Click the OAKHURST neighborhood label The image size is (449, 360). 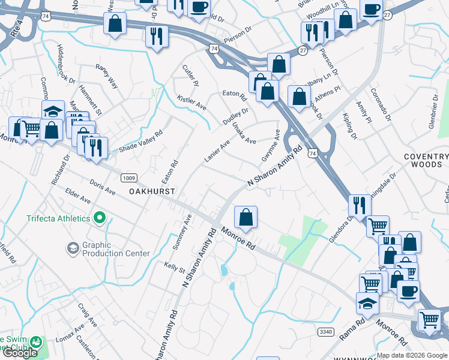pyautogui.click(x=152, y=191)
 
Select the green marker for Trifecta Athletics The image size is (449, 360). pyautogui.click(x=100, y=218)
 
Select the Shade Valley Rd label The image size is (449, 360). pyautogui.click(x=141, y=142)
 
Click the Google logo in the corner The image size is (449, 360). pyautogui.click(x=19, y=353)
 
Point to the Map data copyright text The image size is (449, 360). pyautogui.click(x=411, y=355)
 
